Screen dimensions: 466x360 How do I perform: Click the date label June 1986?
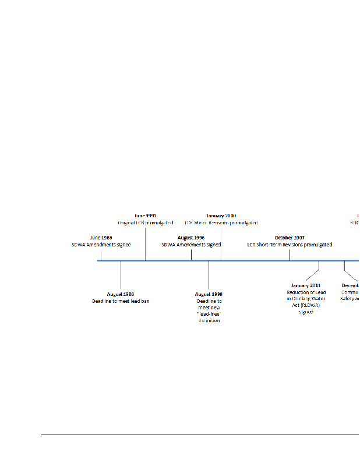pos(101,238)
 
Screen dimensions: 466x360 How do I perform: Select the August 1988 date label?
pos(121,294)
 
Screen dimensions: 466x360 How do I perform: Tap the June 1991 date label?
pos(145,216)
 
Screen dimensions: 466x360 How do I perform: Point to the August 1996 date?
pos(191,238)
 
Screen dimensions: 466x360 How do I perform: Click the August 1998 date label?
pos(209,294)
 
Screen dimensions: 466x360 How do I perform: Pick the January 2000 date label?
pos(221,216)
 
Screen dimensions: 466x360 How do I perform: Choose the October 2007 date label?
pos(290,238)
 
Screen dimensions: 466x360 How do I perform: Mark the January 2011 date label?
pos(306,285)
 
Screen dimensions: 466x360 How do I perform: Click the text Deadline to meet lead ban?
pos(121,301)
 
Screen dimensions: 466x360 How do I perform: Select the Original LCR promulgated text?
pos(145,223)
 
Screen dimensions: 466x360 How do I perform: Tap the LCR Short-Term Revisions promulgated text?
pos(290,245)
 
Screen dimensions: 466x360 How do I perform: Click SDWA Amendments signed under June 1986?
pos(101,245)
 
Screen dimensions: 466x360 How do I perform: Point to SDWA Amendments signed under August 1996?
pos(191,245)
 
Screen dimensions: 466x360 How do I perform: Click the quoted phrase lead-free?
pos(209,314)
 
